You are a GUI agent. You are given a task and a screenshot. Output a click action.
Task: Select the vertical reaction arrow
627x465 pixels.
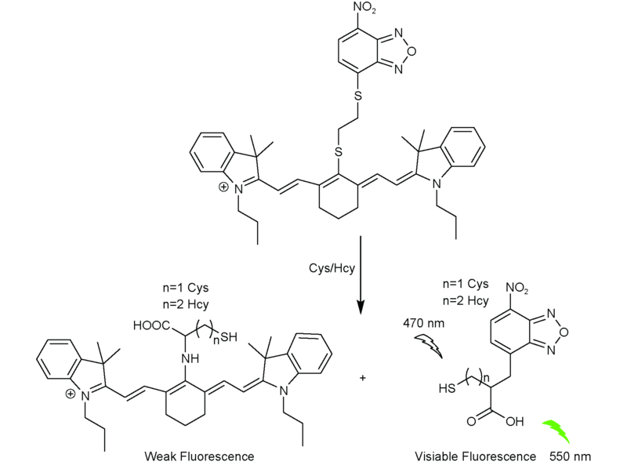point(361,274)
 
